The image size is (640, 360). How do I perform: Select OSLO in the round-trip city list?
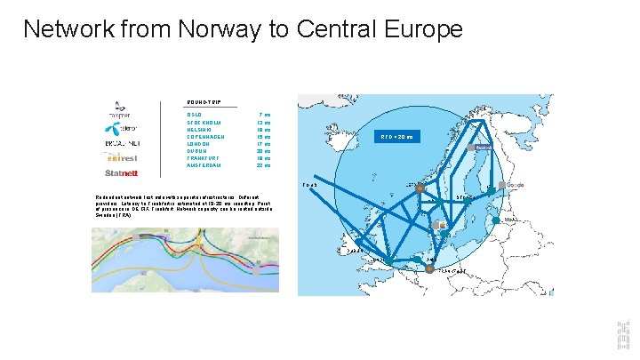click(x=196, y=115)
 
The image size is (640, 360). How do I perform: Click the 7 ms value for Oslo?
click(x=264, y=115)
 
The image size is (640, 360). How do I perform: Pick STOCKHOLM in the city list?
click(x=204, y=123)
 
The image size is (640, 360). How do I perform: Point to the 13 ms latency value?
click(x=263, y=123)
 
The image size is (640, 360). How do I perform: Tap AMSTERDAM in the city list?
click(x=205, y=165)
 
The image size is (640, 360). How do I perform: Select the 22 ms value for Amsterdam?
click(x=263, y=165)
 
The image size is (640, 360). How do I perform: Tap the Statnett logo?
click(x=121, y=172)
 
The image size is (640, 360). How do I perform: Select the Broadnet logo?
click(x=121, y=142)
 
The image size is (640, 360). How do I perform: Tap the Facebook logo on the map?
click(x=483, y=148)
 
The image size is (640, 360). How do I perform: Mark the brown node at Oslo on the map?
click(x=420, y=188)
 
